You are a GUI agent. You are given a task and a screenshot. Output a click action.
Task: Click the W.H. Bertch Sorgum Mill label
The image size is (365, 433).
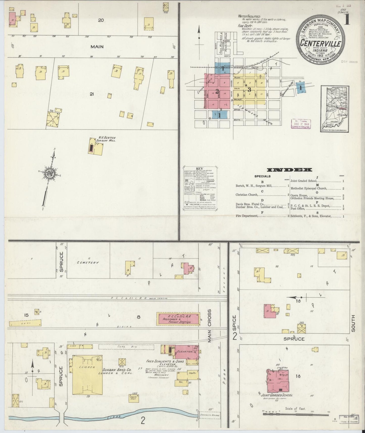pyautogui.click(x=107, y=139)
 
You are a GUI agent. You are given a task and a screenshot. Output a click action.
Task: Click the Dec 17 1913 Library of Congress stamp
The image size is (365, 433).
pyautogui.click(x=301, y=124)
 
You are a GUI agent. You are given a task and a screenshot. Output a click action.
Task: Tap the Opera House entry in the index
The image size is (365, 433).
pyautogui.click(x=299, y=195)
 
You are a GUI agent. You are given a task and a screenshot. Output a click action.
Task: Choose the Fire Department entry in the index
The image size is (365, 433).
pyautogui.click(x=247, y=216)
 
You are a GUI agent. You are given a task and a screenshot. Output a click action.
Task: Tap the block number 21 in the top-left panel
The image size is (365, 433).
pyautogui.click(x=92, y=94)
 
